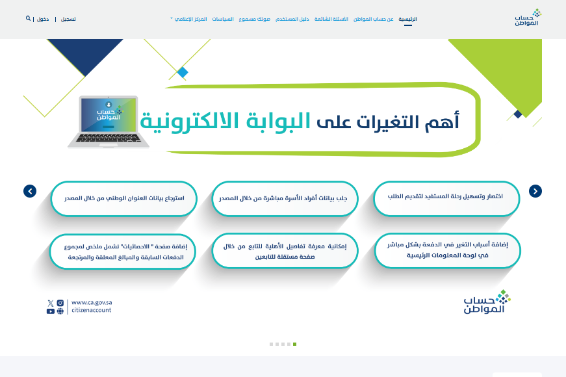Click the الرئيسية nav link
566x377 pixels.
[407, 19]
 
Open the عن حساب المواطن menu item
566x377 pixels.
[373, 19]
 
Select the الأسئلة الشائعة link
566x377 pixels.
[331, 19]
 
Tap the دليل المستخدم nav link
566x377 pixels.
[292, 19]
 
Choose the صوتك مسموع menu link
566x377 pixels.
[254, 19]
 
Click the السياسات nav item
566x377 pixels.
[223, 19]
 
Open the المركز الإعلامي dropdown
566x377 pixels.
[189, 19]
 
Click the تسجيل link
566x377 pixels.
[68, 19]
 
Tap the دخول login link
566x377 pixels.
[43, 19]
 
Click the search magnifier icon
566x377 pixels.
[28, 18]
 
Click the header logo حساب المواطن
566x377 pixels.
[528, 18]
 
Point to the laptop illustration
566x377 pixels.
[109, 122]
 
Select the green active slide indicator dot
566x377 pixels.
[294, 344]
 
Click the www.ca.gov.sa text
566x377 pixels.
[92, 303]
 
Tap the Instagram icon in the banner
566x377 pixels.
[60, 303]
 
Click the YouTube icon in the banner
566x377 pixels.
[51, 311]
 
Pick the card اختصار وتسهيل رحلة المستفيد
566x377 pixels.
[446, 198]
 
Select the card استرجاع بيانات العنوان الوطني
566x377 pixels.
[124, 199]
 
